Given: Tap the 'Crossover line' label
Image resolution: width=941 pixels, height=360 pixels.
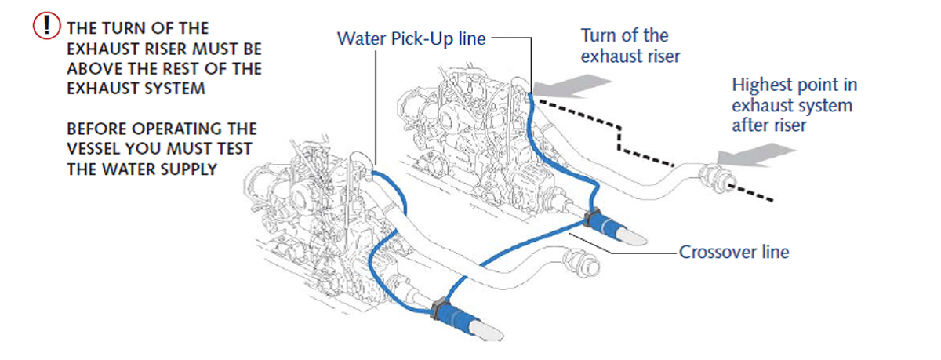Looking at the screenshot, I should click(x=733, y=253).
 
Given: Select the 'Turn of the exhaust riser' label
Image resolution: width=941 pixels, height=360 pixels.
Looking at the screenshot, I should click(x=630, y=45).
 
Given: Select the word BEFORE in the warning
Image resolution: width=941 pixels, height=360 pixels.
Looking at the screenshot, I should click(x=96, y=129).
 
